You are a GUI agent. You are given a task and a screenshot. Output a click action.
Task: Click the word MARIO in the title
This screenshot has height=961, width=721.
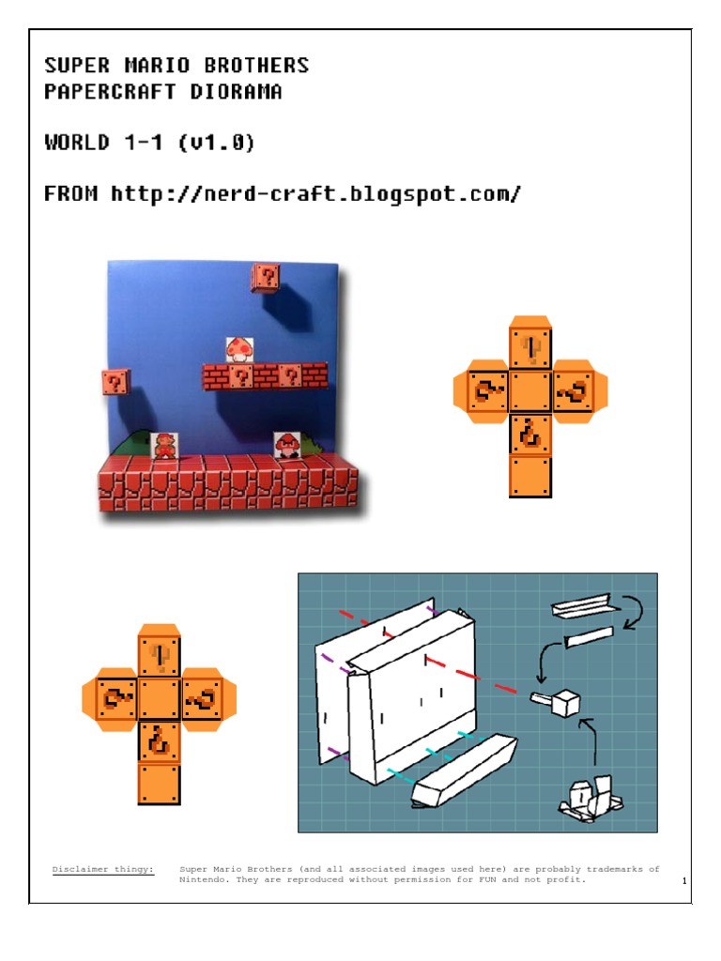(157, 65)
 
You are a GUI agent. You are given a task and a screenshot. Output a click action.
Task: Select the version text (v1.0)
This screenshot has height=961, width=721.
(216, 143)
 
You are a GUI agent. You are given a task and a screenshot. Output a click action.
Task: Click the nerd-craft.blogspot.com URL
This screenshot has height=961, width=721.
(315, 194)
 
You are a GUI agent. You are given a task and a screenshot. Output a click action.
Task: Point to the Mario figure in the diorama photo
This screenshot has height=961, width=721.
(163, 446)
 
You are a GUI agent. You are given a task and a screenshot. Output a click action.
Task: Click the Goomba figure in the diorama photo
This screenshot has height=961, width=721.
(286, 445)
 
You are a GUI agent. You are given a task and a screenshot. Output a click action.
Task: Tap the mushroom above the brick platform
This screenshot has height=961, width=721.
(239, 349)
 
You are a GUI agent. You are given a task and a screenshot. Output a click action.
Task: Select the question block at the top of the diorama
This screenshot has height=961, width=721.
(266, 277)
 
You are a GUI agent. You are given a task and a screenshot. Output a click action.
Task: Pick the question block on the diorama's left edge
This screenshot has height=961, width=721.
(115, 382)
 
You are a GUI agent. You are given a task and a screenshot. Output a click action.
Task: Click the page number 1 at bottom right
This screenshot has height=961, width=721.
(684, 880)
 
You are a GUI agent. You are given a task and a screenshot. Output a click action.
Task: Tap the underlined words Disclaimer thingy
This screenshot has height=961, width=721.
(103, 869)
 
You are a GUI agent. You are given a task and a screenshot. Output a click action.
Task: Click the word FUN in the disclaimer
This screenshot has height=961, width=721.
(487, 879)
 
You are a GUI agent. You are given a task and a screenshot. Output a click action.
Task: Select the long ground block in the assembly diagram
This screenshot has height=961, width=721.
(464, 770)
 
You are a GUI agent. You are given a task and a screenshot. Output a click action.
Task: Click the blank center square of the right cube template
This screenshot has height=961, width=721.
(530, 391)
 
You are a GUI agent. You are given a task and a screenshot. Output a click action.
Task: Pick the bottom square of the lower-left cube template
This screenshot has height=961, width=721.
(159, 783)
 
